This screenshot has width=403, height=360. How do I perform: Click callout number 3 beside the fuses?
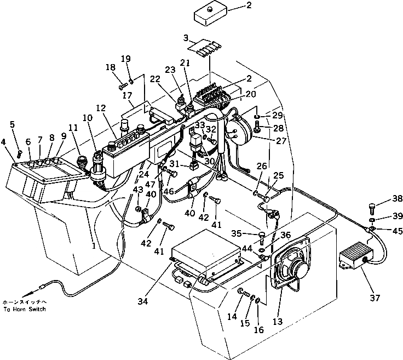186,38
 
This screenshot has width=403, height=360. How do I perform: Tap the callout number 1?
94,247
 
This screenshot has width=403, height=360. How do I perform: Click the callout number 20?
251,94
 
